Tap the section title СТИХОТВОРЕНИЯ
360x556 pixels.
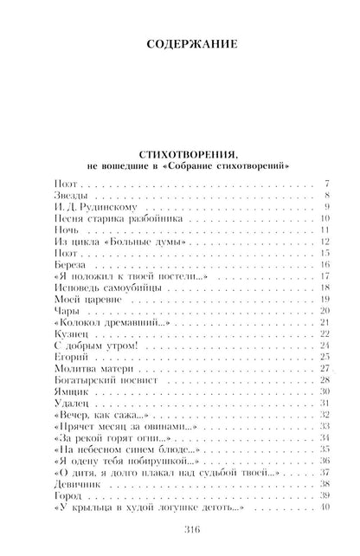[180, 153]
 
